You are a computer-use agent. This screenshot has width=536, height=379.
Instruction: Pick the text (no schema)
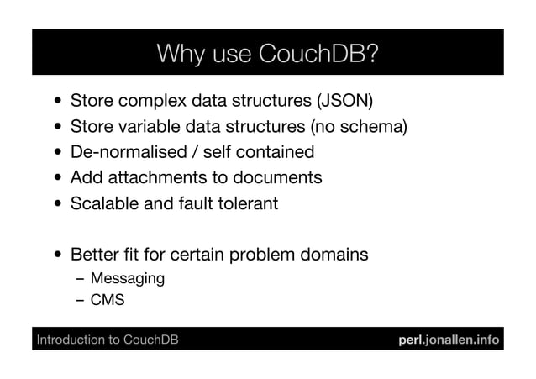359,128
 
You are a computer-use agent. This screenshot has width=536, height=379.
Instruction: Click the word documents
280,177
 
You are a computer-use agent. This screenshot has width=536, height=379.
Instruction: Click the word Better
96,253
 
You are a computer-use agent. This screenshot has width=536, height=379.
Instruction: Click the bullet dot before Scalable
55,203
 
